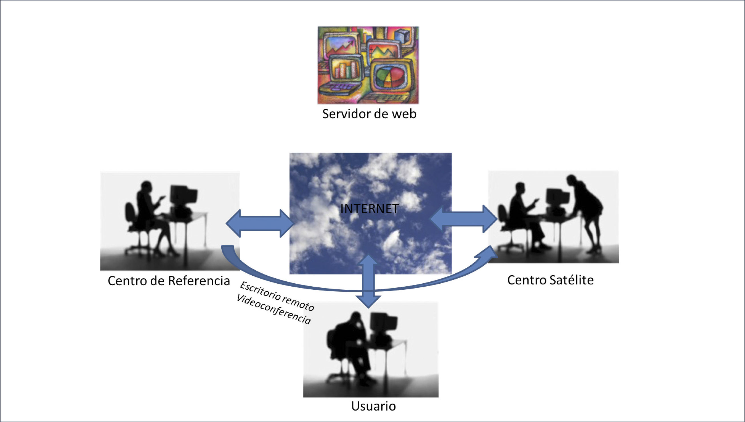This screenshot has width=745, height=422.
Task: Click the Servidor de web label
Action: (x=369, y=114)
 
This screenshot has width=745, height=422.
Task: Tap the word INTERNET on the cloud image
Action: (x=370, y=209)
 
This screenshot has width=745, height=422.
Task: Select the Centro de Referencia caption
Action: (x=169, y=281)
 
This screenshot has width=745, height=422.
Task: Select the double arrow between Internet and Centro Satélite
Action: (x=463, y=219)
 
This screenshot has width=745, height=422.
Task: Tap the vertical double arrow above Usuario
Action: (x=368, y=281)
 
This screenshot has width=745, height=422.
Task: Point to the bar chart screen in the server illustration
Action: (x=346, y=70)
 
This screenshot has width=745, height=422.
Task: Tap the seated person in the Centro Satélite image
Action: (x=522, y=212)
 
